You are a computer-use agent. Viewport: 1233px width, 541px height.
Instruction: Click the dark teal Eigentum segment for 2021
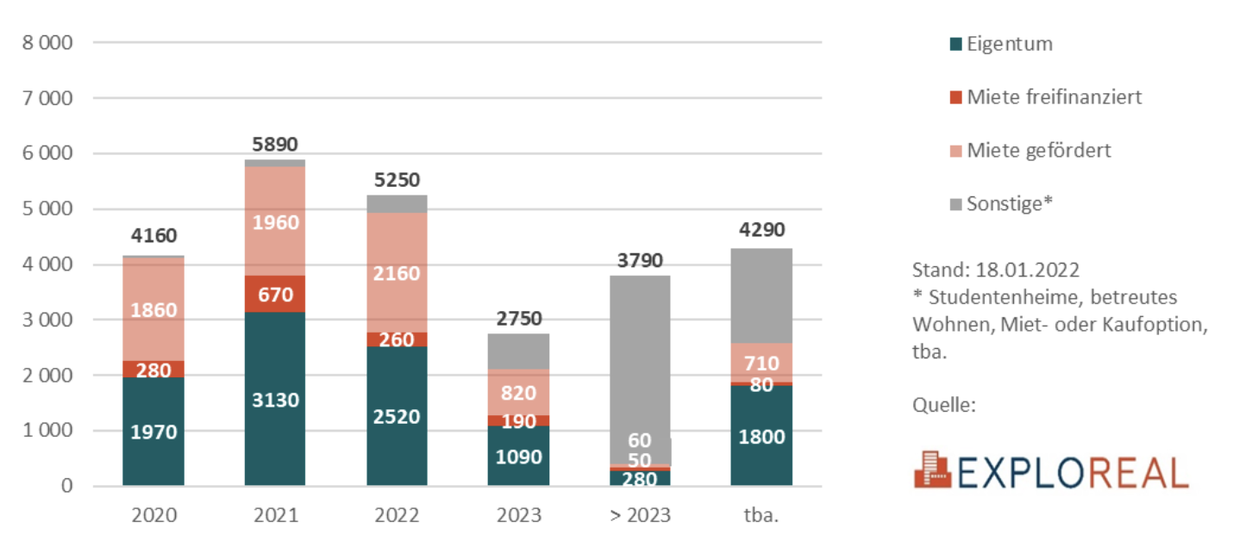click(x=274, y=399)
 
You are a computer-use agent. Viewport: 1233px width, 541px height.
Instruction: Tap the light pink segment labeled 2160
click(x=397, y=273)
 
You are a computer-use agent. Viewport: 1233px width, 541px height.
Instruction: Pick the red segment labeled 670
click(x=274, y=295)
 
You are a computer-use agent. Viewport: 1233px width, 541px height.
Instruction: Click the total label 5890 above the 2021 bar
click(x=274, y=145)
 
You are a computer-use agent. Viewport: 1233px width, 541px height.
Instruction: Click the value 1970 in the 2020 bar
click(x=153, y=432)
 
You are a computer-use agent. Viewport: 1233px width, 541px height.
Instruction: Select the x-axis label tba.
click(x=760, y=516)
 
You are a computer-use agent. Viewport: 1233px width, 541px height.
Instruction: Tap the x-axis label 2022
click(x=397, y=516)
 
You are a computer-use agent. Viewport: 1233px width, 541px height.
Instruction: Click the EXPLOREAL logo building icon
click(x=932, y=469)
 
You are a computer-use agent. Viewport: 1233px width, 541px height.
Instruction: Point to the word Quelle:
click(x=944, y=404)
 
